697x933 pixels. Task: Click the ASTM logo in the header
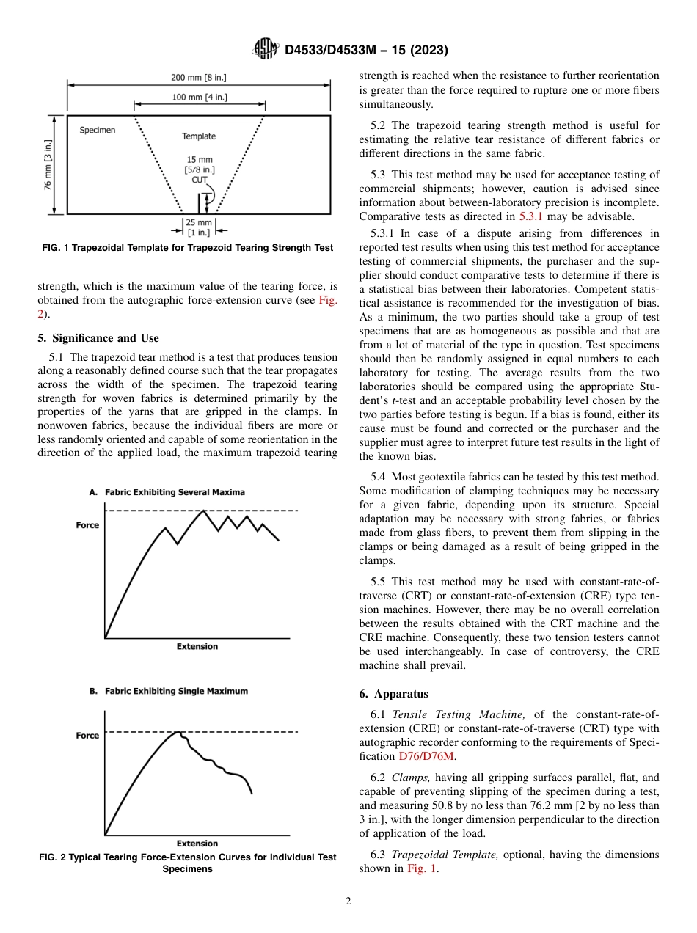tap(265, 50)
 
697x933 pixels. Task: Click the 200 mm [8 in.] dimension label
tap(199, 78)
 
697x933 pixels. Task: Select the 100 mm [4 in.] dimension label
tap(199, 96)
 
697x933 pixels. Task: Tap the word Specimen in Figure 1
tap(97, 130)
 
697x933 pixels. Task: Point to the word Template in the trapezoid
tap(199, 136)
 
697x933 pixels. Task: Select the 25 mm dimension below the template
tap(199, 222)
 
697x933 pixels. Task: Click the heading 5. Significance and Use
tap(98, 338)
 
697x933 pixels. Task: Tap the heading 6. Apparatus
tap(394, 693)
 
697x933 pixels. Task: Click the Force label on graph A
tap(87, 525)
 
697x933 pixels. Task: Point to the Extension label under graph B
tap(197, 844)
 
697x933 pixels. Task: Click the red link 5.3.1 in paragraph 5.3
tap(530, 216)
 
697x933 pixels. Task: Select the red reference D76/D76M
tap(431, 756)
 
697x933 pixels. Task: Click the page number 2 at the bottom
tap(348, 901)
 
